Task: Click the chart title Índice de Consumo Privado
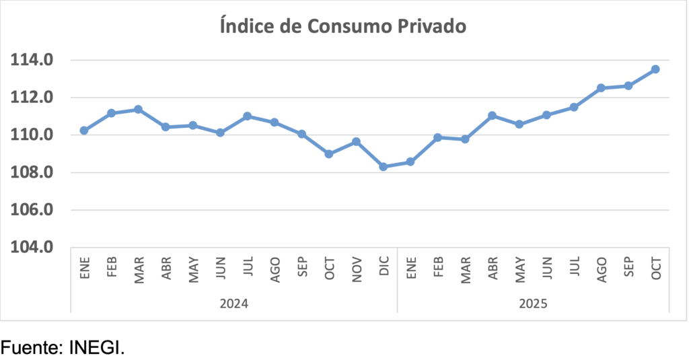tap(343, 26)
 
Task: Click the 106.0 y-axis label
tap(31, 210)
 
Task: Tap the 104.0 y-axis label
tap(31, 248)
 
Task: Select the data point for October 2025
tap(655, 69)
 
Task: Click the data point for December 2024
tap(384, 166)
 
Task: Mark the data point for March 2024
tap(139, 109)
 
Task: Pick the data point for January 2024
tap(84, 130)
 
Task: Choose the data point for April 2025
tap(492, 116)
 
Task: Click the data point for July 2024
tap(247, 116)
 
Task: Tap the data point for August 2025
tap(601, 87)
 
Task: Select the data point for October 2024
tap(329, 153)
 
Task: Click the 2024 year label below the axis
tap(233, 303)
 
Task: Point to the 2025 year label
tap(533, 303)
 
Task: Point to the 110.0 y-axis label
tap(31, 135)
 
